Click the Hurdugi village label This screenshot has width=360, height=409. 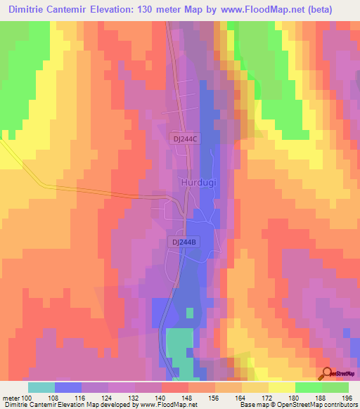[x=194, y=182]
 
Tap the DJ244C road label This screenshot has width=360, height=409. [x=186, y=139]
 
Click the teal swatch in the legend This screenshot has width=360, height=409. [x=41, y=387]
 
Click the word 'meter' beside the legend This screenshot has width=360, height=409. [x=12, y=398]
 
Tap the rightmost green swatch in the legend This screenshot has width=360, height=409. [x=335, y=387]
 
